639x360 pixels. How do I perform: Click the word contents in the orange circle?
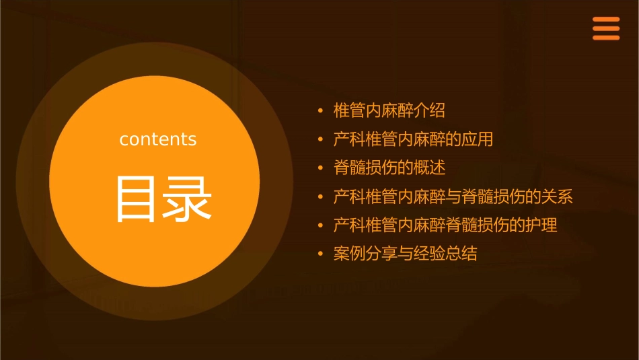[158, 139]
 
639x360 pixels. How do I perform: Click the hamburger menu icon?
[606, 29]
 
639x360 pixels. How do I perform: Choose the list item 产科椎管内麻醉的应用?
[413, 139]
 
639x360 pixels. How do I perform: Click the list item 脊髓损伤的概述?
[389, 168]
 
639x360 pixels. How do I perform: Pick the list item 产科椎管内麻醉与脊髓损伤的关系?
[453, 197]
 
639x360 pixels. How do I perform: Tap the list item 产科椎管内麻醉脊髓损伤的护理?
[445, 225]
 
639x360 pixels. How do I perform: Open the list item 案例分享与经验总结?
[405, 254]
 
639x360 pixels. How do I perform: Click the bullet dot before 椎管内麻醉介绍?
[321, 110]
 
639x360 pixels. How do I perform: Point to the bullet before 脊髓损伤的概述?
[321, 168]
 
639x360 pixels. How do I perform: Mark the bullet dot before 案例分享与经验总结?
[321, 254]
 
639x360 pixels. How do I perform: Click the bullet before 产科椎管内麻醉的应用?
[321, 139]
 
